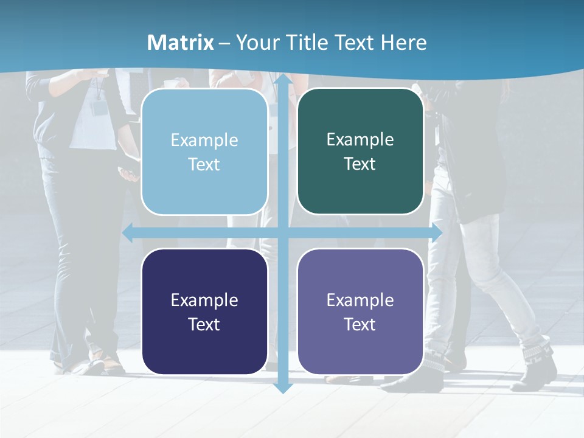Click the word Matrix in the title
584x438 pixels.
click(x=181, y=43)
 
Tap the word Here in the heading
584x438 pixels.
click(x=403, y=43)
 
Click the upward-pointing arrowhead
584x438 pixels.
click(x=282, y=79)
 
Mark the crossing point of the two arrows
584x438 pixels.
click(x=282, y=232)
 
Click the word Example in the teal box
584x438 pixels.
click(x=360, y=140)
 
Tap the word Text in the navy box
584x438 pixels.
click(x=204, y=324)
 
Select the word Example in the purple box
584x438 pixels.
click(x=360, y=300)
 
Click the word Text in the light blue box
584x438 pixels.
click(x=204, y=164)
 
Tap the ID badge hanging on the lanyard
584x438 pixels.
click(x=99, y=108)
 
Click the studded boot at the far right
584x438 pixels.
click(x=538, y=365)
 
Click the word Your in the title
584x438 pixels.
click(x=255, y=43)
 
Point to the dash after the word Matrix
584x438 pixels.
click(x=224, y=43)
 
